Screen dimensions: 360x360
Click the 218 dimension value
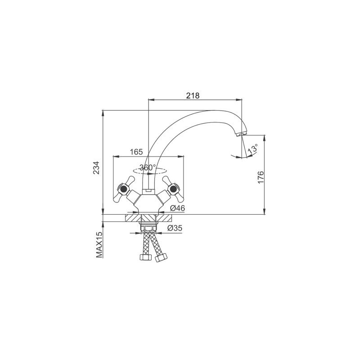click(x=193, y=95)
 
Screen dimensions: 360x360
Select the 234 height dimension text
click(x=96, y=168)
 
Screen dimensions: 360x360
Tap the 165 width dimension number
click(x=136, y=152)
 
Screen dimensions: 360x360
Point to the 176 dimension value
click(x=261, y=177)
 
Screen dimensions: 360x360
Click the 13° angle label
click(x=252, y=149)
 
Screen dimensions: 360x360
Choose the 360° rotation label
click(x=148, y=167)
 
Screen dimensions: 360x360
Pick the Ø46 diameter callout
click(x=177, y=208)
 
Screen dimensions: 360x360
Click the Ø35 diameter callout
click(x=175, y=228)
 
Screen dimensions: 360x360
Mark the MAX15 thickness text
click(x=99, y=244)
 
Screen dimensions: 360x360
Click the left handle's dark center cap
click(x=123, y=189)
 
